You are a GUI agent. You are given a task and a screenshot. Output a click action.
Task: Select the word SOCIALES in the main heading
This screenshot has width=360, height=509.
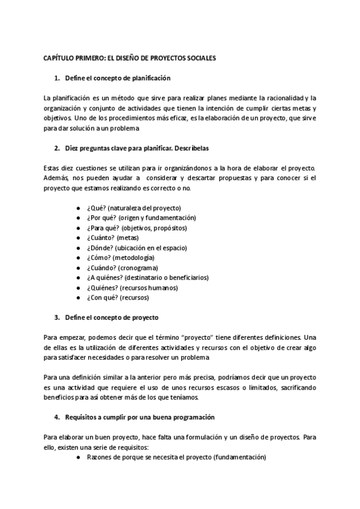[x=199, y=58]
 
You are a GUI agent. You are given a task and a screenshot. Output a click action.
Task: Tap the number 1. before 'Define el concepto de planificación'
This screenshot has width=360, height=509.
[x=57, y=78]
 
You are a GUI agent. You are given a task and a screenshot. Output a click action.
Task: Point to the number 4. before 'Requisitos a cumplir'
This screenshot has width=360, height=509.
[x=57, y=417]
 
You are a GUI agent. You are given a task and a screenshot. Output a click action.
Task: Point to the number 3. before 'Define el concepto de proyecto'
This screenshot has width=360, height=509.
[x=57, y=316]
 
